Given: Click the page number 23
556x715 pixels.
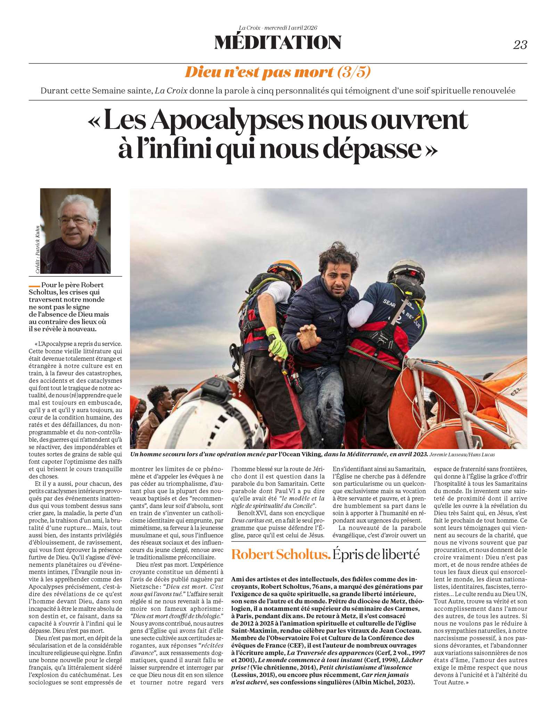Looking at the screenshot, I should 520,45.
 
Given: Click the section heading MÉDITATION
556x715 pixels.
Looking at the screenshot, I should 278,42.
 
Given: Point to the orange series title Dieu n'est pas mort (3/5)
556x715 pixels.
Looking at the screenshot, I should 278,72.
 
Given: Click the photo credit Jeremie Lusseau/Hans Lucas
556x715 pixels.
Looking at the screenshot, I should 462,455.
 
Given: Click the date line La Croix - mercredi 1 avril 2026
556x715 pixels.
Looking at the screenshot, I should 278,28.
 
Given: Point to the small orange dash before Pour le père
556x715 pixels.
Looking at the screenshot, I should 34,286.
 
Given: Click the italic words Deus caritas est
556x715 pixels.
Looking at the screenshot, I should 252,520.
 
